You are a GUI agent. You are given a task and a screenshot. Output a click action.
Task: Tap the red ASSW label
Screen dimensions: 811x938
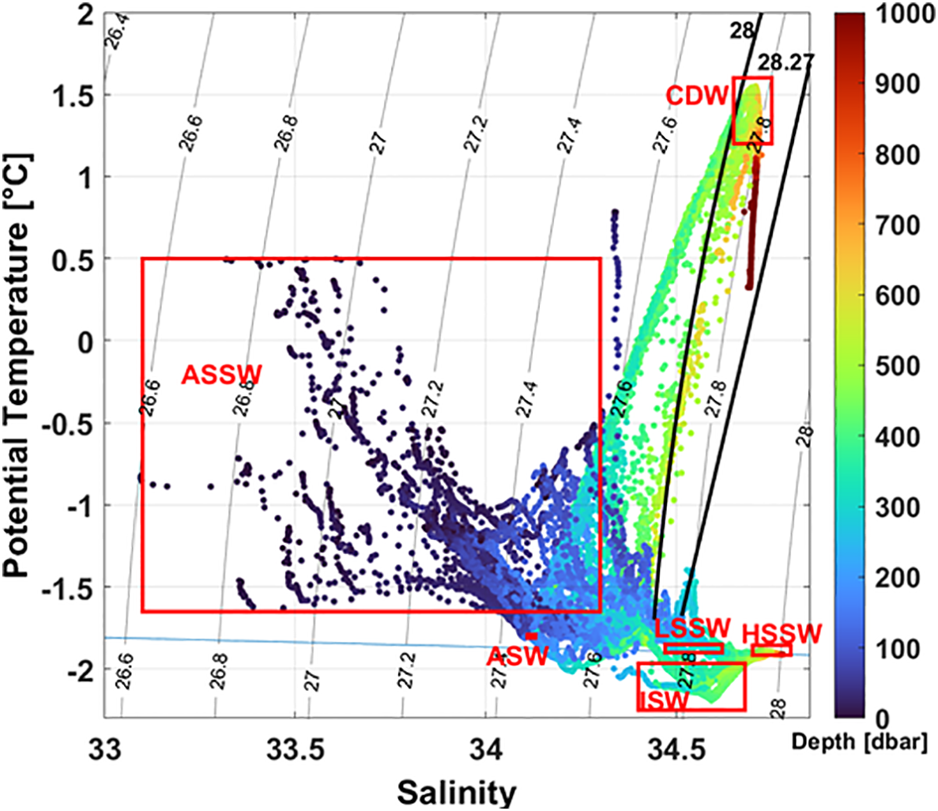[221, 374]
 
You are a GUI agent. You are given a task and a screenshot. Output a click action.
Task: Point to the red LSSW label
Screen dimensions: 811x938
[692, 629]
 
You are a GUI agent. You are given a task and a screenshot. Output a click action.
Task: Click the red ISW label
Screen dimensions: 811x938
[665, 700]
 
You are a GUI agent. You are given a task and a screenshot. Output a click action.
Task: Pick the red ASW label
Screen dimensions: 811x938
[517, 656]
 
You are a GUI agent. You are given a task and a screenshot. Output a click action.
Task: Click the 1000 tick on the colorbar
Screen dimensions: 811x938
[907, 15]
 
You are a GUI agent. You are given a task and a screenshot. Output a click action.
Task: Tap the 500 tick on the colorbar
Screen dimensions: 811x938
[901, 367]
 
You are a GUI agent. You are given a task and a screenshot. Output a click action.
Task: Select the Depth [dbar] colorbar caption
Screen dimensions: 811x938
[859, 743]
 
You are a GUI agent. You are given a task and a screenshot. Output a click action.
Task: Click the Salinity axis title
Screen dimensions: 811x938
[457, 792]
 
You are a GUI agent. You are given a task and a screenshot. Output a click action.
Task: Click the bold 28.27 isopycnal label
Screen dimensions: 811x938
[785, 62]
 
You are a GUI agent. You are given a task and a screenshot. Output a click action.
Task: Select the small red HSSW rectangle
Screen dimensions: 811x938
[772, 651]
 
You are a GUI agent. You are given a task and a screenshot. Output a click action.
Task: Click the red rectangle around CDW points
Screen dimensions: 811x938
[752, 111]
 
